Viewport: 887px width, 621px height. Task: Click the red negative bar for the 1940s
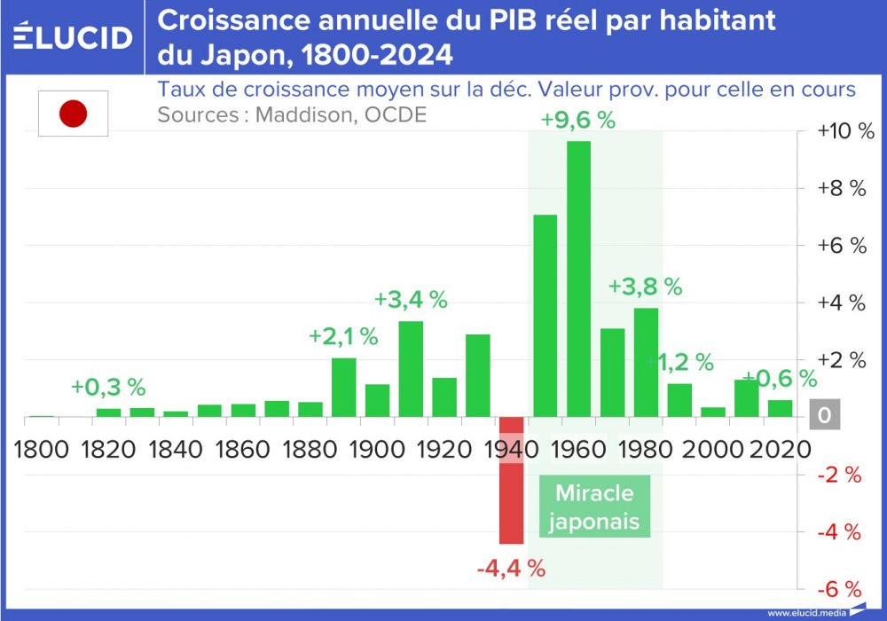click(x=511, y=480)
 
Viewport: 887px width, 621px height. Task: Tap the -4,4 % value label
click(x=511, y=567)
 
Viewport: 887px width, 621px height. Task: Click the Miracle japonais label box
click(x=593, y=507)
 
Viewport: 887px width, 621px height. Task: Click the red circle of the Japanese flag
click(x=73, y=114)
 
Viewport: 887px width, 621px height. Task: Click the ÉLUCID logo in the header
click(x=74, y=36)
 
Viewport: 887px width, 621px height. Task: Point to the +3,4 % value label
click(x=411, y=300)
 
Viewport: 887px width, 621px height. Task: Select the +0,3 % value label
click(x=108, y=388)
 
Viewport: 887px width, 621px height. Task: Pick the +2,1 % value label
click(x=343, y=337)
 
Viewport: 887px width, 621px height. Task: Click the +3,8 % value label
click(x=645, y=287)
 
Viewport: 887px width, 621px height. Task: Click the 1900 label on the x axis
click(x=377, y=448)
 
